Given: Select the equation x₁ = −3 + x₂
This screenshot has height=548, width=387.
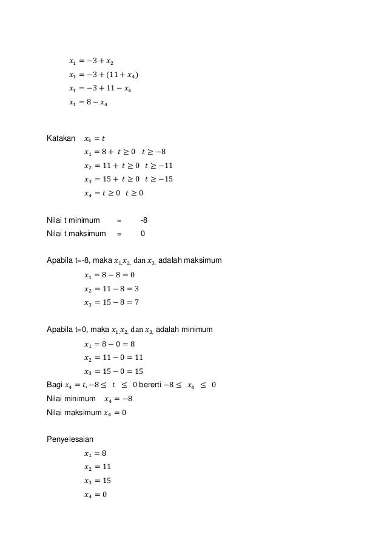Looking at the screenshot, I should (x=90, y=61).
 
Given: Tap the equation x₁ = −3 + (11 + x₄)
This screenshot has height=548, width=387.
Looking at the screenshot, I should (x=103, y=75).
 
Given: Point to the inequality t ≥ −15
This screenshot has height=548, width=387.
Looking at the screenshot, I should (x=159, y=180).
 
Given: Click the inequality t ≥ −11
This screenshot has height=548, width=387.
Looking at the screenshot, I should (x=159, y=166).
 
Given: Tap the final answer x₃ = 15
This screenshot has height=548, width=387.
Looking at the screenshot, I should (x=97, y=481).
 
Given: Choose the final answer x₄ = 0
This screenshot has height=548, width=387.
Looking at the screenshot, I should (x=95, y=495).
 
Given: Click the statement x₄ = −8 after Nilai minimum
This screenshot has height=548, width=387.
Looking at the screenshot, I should (x=118, y=399).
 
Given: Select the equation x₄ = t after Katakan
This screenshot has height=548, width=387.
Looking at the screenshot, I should (x=94, y=138).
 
